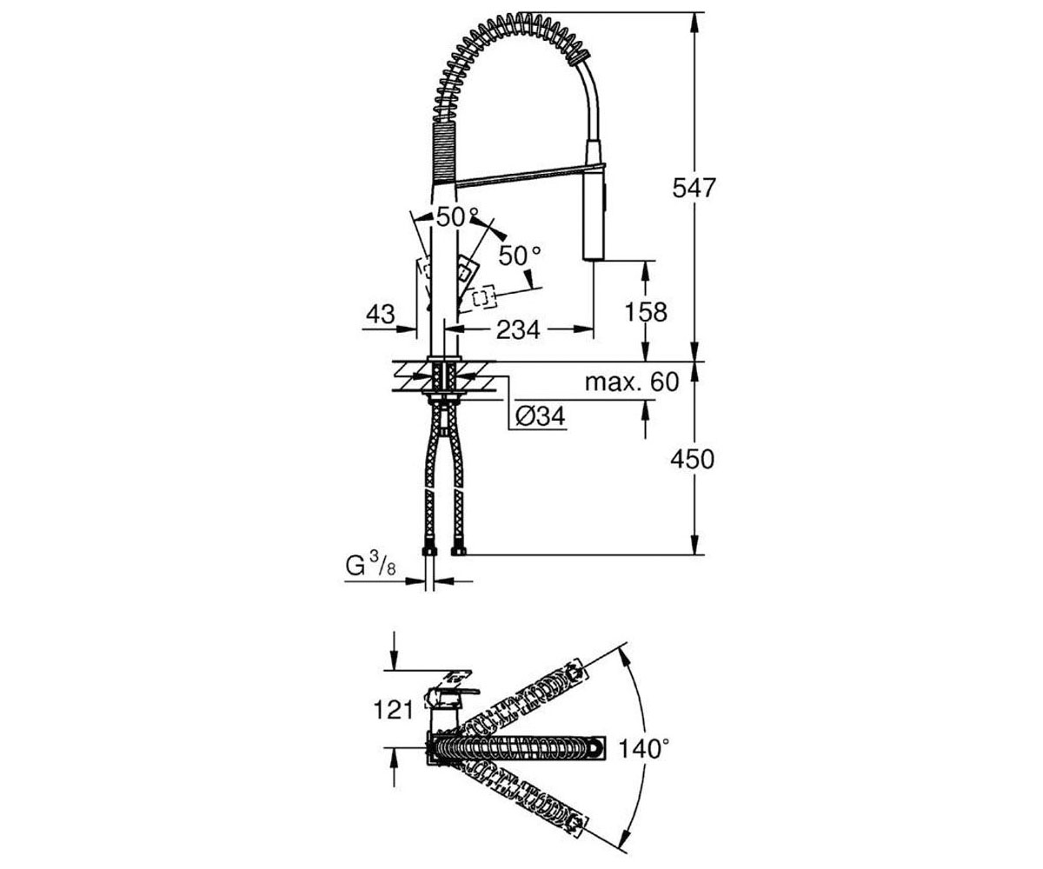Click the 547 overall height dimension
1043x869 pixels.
(x=694, y=188)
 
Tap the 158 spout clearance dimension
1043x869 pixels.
(x=646, y=312)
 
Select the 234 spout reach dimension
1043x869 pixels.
(x=518, y=329)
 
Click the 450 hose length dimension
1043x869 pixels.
(x=693, y=459)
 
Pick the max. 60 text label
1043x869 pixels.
(x=632, y=382)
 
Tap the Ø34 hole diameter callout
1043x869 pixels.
(x=540, y=415)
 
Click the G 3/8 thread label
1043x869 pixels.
(x=370, y=567)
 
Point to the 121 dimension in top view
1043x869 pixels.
(x=394, y=710)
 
